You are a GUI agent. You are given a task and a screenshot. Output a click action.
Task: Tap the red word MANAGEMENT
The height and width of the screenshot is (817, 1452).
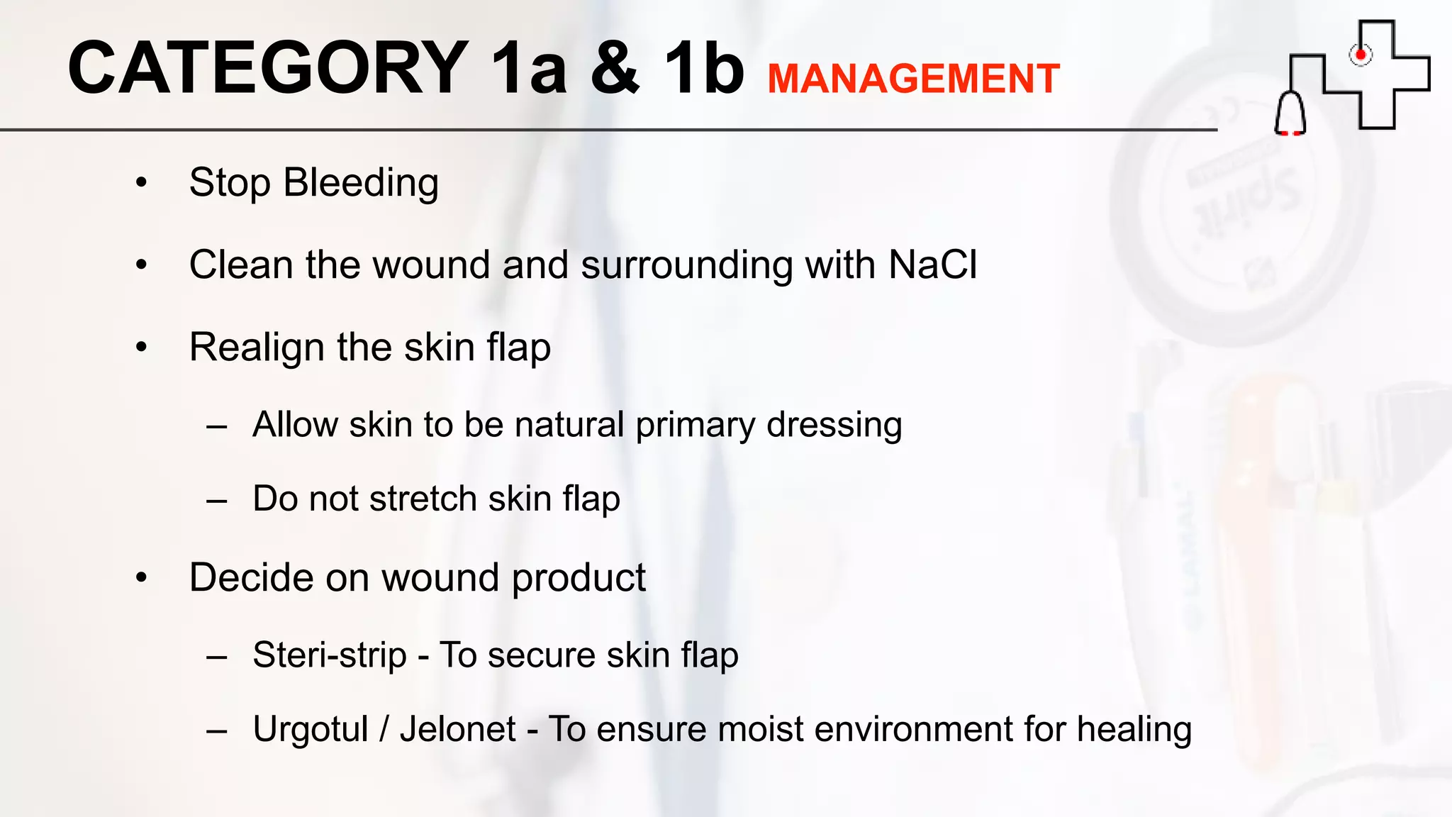[913, 79]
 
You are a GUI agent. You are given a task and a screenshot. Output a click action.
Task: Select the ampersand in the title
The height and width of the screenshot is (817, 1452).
[615, 68]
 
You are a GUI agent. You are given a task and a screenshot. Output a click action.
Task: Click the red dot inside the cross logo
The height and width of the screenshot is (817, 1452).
[1360, 55]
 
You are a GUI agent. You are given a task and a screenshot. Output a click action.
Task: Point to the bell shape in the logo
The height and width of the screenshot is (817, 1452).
[1290, 113]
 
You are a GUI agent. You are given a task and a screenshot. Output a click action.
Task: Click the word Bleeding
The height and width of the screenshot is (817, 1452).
[361, 183]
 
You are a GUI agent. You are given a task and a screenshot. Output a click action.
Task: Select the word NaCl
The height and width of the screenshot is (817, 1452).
[932, 265]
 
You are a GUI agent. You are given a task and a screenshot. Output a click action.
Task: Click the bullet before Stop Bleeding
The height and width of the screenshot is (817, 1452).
[142, 183]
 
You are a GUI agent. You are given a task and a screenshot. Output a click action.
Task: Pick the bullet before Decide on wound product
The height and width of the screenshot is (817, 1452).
[142, 577]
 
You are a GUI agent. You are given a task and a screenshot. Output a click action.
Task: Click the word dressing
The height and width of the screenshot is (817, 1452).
[834, 426]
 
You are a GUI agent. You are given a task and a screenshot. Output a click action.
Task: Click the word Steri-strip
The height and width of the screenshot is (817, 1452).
[330, 655]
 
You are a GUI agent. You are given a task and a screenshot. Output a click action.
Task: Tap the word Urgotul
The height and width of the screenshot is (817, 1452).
[311, 730]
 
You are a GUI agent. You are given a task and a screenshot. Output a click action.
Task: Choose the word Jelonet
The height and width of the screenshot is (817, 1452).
[458, 730]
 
